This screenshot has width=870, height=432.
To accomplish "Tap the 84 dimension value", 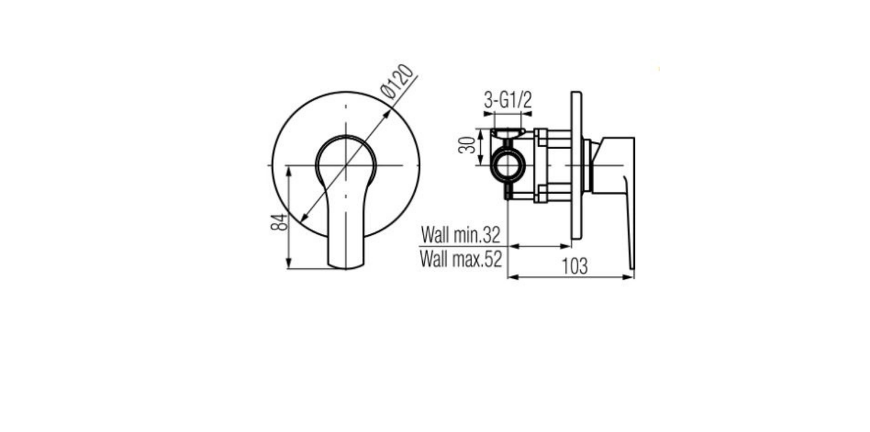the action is pos(279,222).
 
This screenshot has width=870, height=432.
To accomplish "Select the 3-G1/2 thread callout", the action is pos(508,100).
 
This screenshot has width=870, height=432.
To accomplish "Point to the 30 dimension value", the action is pos(467,145).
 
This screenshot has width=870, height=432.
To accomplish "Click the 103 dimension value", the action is pos(575,266).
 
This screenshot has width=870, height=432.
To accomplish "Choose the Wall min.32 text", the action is pos(460,234).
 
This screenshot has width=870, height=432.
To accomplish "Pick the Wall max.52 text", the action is pos(461,258).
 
